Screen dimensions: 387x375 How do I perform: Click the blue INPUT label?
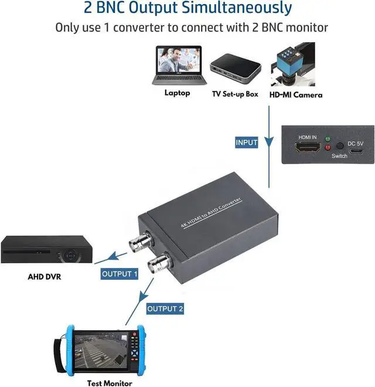coord(247,142)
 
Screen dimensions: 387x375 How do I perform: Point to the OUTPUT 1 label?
coord(120,274)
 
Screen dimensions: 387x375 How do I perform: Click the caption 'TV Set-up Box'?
coord(236,94)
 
